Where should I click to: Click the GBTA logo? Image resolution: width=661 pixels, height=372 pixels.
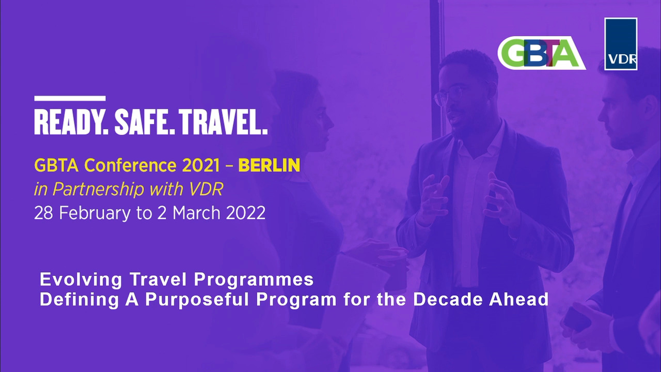tap(541, 53)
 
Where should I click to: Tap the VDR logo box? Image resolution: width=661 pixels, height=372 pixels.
tap(621, 44)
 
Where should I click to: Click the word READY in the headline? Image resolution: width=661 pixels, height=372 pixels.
tap(71, 122)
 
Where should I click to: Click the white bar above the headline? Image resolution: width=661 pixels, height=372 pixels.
tap(70, 98)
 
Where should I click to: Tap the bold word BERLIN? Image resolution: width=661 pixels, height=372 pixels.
tap(269, 165)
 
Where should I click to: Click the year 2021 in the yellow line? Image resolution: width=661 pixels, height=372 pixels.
tap(201, 165)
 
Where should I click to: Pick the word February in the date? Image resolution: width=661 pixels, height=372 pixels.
tap(95, 213)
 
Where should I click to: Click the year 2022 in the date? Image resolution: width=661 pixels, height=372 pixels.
tap(245, 213)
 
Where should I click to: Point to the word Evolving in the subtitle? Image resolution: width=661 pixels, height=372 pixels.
tap(81, 280)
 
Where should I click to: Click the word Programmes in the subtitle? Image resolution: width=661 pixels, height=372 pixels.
tap(254, 280)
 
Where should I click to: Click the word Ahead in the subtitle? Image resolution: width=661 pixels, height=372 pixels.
tap(519, 299)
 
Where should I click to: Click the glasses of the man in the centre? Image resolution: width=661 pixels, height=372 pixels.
tap(449, 96)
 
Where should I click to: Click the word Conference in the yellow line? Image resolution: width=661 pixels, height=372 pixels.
tap(130, 165)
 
